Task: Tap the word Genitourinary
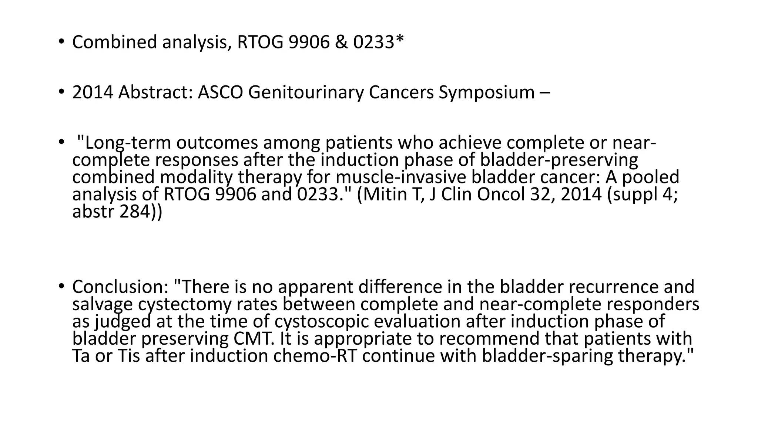[306, 92]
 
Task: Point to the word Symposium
[486, 92]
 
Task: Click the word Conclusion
[120, 287]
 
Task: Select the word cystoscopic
[322, 321]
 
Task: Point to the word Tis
[128, 356]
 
